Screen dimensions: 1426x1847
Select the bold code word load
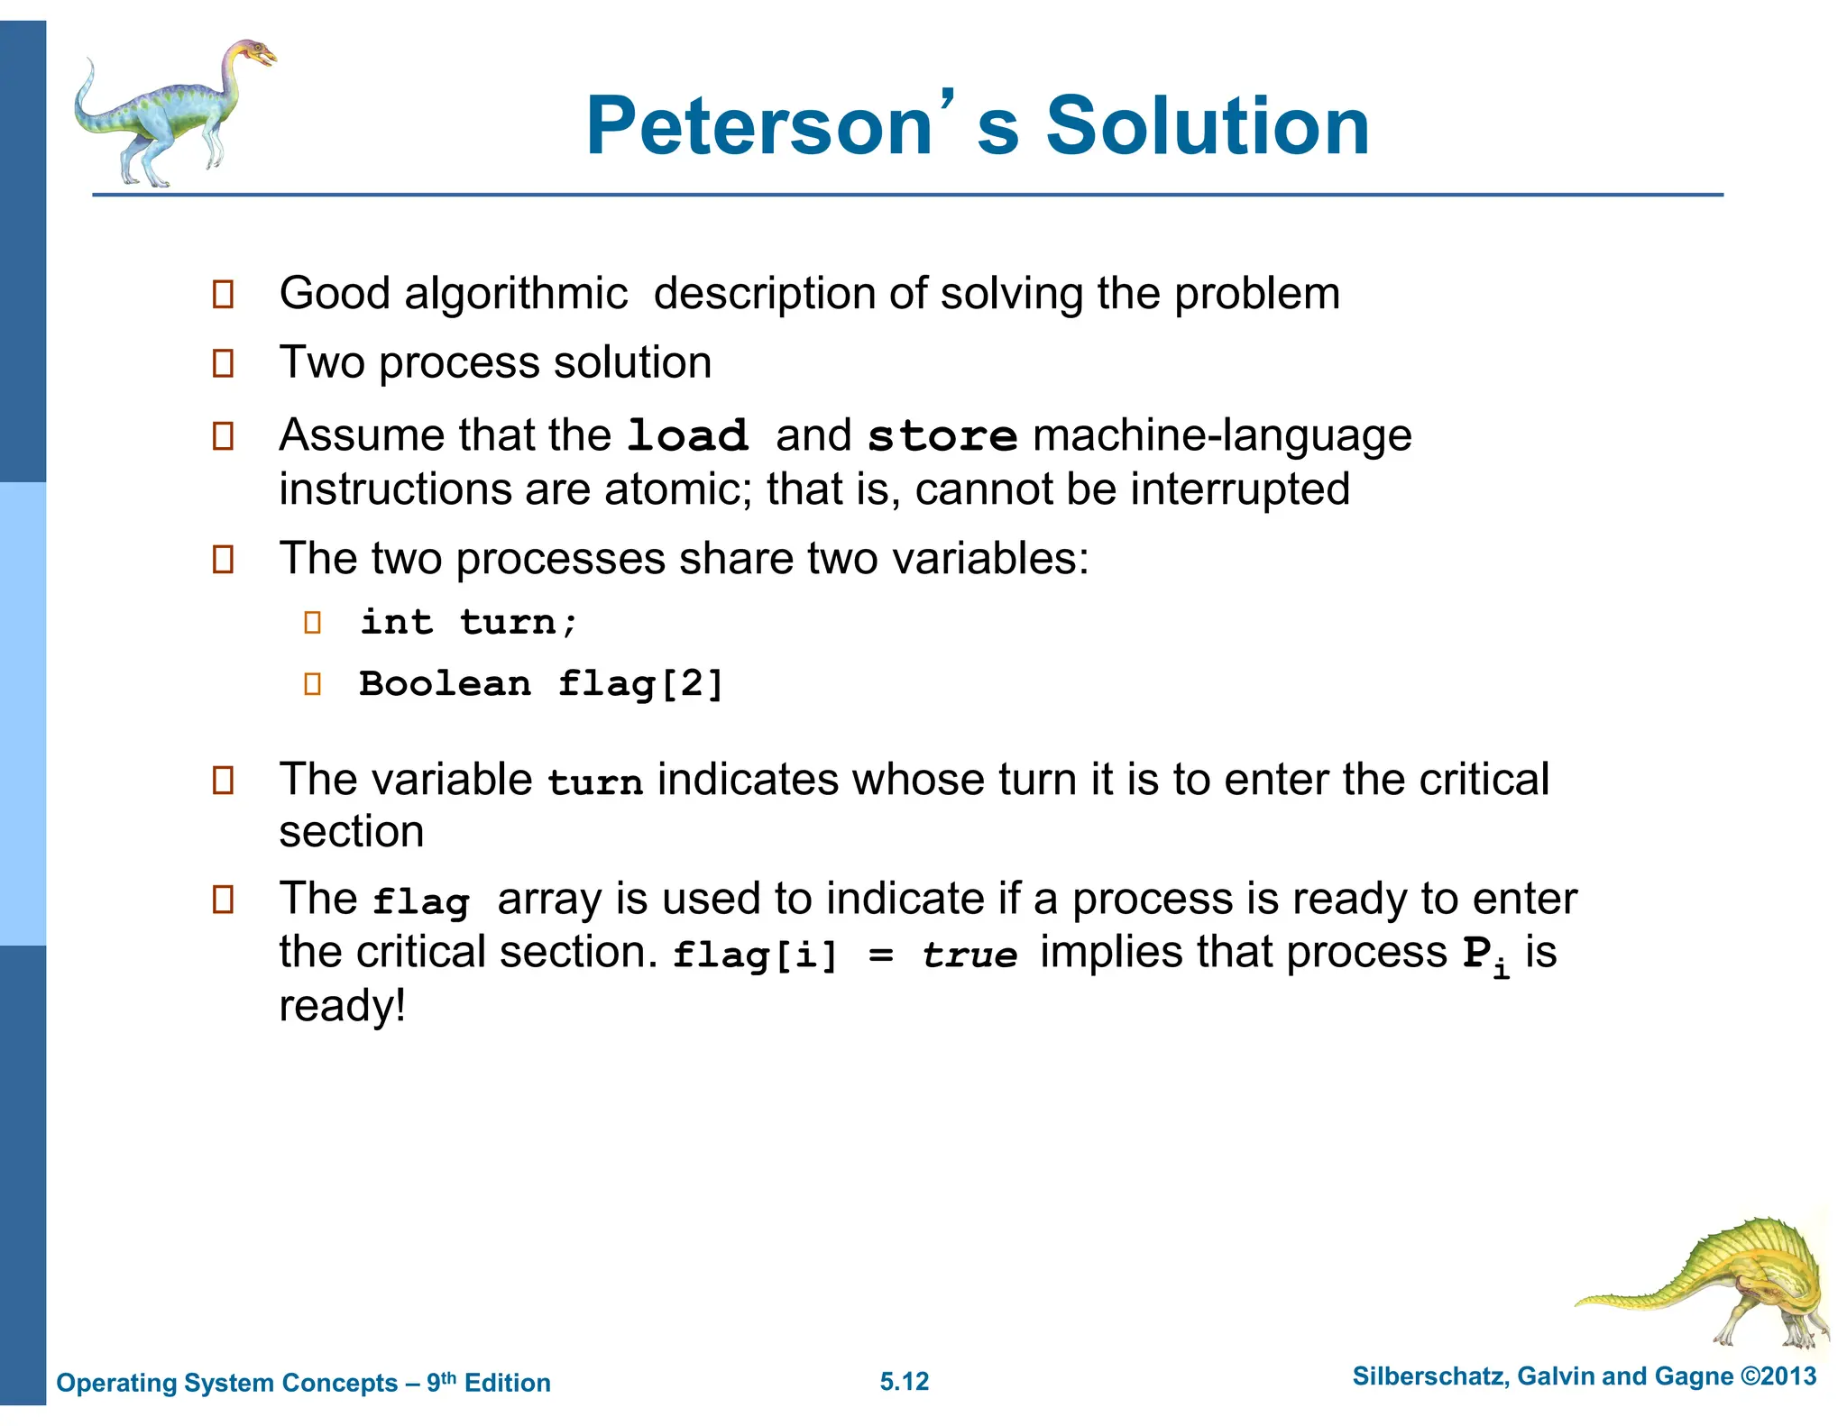click(687, 436)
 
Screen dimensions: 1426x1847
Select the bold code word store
click(942, 436)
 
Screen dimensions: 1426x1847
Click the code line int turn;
click(469, 622)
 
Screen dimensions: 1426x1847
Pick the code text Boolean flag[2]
click(541, 683)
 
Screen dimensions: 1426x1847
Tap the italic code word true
click(969, 955)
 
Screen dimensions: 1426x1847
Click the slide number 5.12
click(905, 1381)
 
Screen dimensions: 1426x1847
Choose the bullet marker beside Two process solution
click(223, 363)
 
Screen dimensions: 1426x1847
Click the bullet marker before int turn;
click(313, 622)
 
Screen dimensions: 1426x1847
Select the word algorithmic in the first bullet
click(516, 294)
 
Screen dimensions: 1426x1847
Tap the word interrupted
click(1240, 489)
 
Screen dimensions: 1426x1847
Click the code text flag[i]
click(756, 955)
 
